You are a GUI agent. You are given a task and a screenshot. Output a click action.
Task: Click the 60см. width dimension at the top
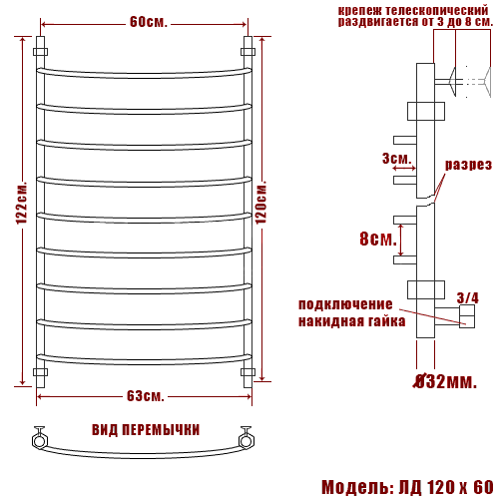point(148,22)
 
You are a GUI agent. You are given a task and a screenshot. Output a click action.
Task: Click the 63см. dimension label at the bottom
point(146,396)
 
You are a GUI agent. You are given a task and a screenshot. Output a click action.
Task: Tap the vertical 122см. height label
point(23,203)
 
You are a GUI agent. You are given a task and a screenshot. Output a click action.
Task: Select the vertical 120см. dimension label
point(261,202)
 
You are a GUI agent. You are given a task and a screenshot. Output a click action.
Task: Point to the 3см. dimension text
point(397,159)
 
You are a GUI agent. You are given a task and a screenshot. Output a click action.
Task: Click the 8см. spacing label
point(378,239)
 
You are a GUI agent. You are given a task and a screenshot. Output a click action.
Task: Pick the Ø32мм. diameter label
point(445,381)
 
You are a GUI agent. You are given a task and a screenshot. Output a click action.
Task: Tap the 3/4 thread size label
point(467,297)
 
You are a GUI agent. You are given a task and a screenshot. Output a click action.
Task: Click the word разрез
point(468,165)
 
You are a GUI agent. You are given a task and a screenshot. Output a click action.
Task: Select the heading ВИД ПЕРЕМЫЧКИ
point(146,430)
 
